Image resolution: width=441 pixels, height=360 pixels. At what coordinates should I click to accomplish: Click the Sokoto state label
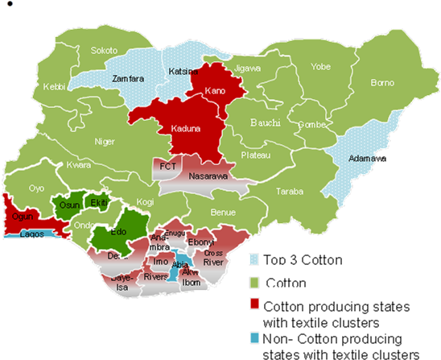[103, 50]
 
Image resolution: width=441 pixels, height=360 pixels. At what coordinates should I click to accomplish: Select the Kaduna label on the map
[186, 129]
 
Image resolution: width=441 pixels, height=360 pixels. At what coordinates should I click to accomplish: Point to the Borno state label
[381, 82]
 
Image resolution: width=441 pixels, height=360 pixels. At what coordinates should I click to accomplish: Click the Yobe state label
[320, 67]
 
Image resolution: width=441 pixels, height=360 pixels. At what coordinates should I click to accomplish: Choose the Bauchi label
[266, 122]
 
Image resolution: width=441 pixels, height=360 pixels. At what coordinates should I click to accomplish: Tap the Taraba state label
[290, 192]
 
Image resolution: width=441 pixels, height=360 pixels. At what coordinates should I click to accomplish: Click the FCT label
[168, 167]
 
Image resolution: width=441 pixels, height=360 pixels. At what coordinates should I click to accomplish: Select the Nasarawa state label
[208, 176]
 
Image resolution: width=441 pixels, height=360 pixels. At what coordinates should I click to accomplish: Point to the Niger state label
[105, 142]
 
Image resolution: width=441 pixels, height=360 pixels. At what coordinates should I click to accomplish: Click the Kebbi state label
[54, 86]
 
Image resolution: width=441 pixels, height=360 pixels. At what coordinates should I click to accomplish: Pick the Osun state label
[67, 205]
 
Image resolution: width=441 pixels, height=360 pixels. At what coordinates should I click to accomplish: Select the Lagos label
[32, 234]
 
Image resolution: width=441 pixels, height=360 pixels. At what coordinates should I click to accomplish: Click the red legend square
[254, 304]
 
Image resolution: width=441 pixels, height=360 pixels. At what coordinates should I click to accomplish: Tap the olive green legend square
[254, 282]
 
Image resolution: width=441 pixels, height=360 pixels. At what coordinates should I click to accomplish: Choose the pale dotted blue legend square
[254, 260]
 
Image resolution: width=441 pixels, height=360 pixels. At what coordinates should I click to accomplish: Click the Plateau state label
[256, 155]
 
